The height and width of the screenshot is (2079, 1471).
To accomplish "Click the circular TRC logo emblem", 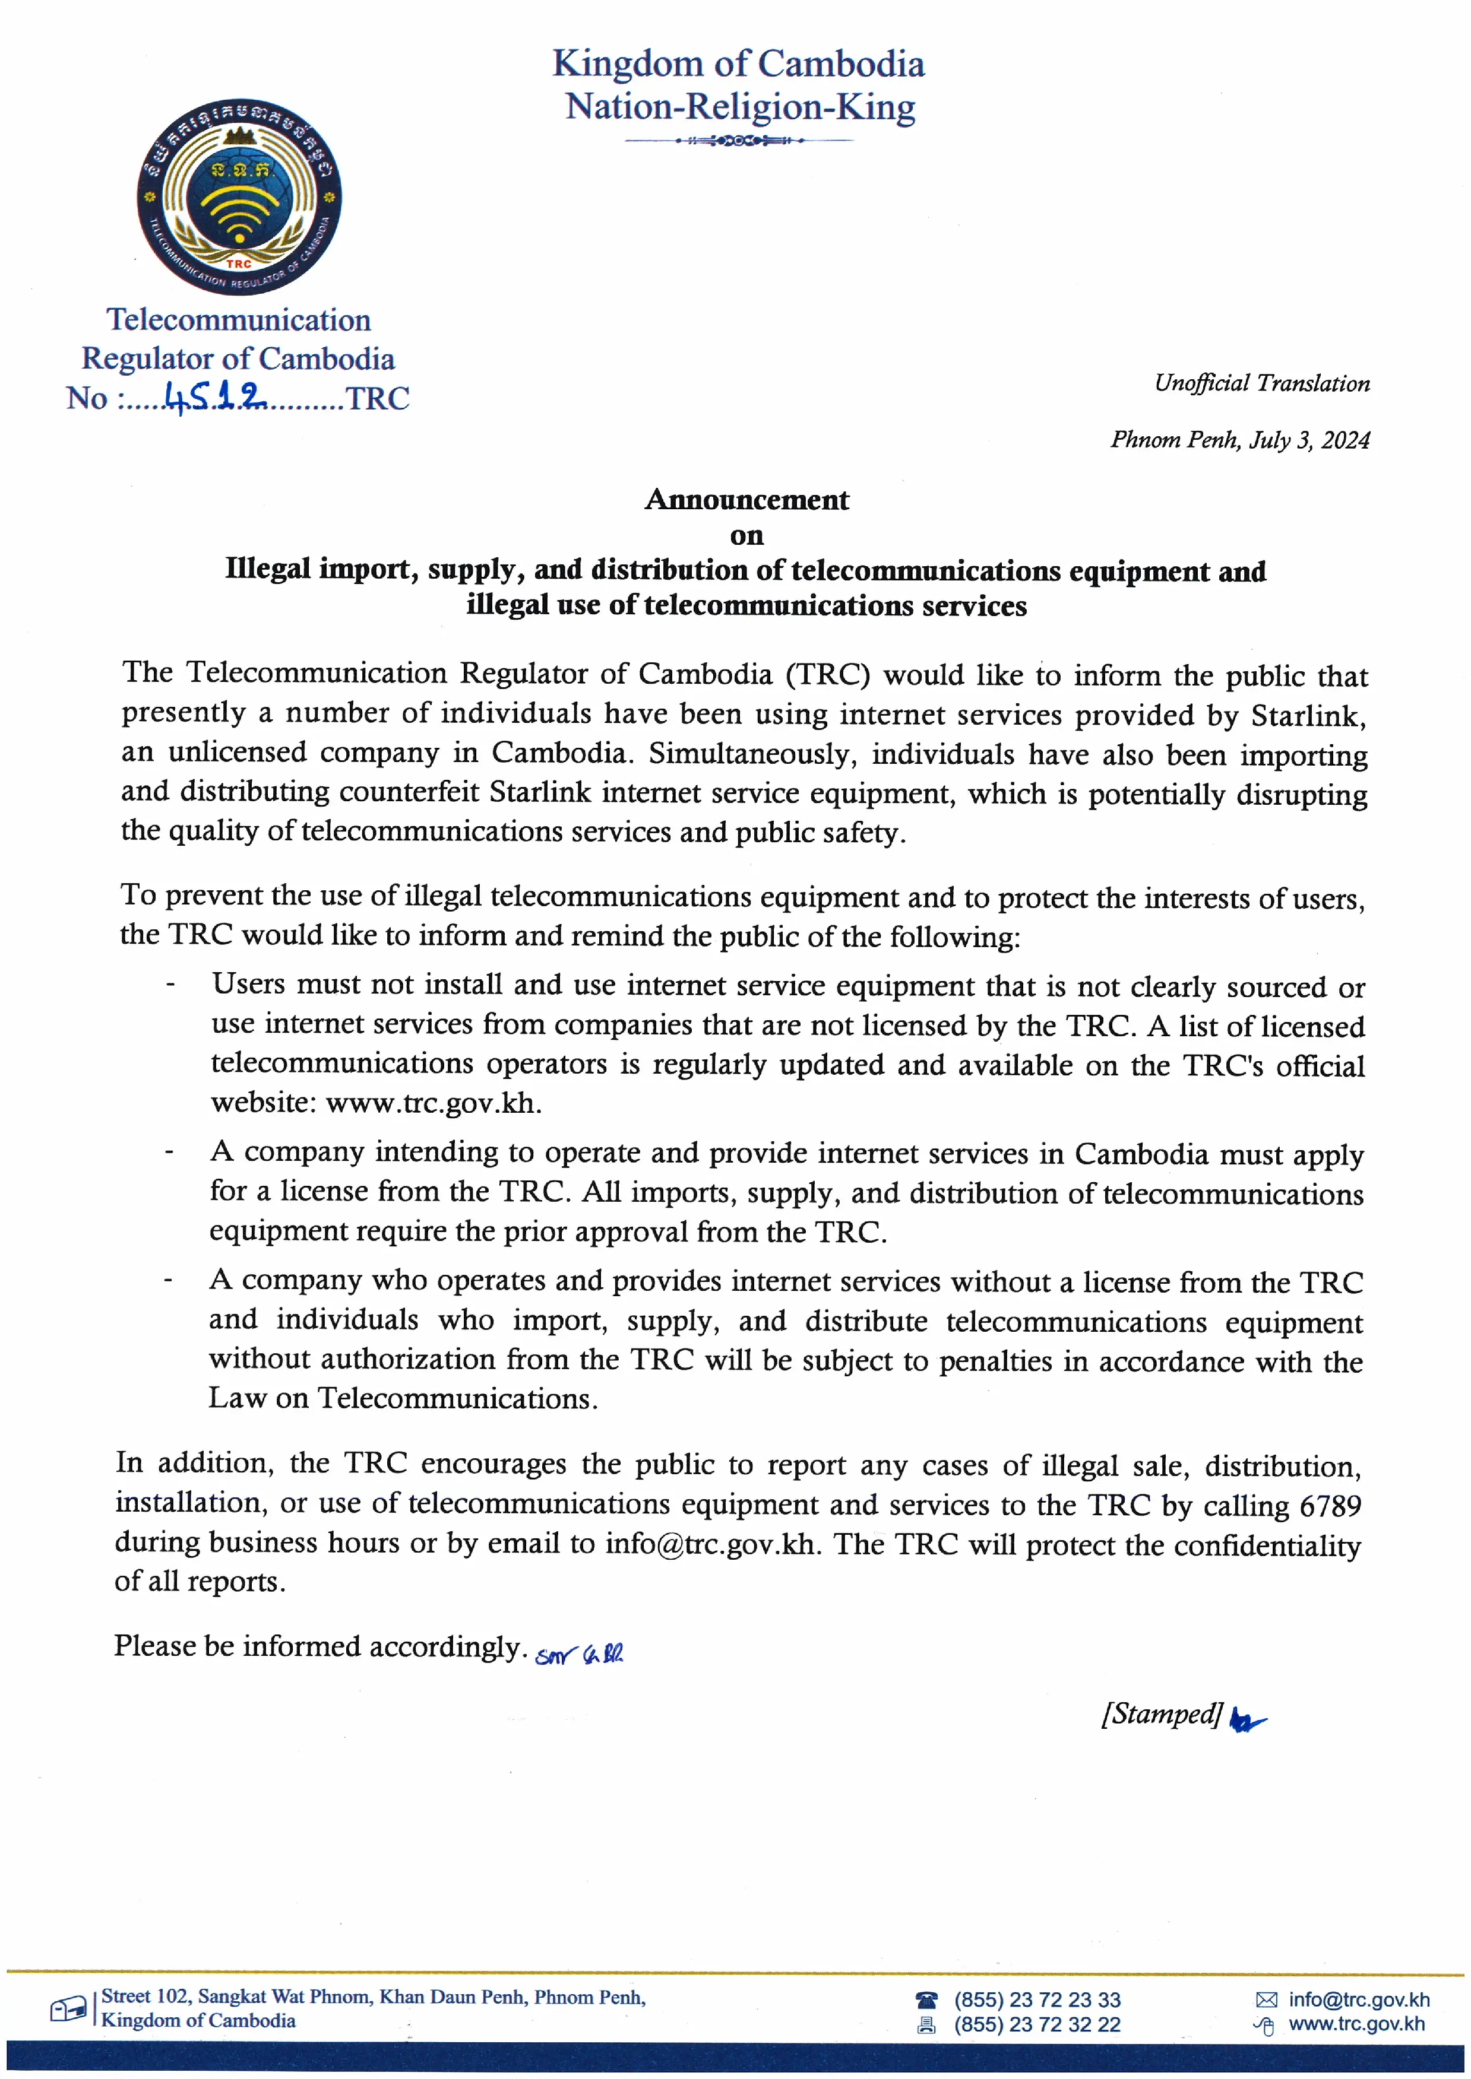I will click(239, 196).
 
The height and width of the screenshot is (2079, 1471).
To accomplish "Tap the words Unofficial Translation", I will click(1261, 383).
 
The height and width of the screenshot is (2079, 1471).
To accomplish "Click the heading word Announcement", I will click(746, 500).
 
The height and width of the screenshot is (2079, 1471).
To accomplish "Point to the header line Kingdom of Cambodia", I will click(738, 64).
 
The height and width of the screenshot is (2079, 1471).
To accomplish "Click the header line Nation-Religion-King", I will click(740, 107).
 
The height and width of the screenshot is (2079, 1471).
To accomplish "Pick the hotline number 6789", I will click(1330, 1505).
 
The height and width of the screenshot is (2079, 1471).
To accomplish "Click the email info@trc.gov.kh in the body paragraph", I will click(710, 1543).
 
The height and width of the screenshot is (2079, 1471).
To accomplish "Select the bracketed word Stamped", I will click(1162, 1713).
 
